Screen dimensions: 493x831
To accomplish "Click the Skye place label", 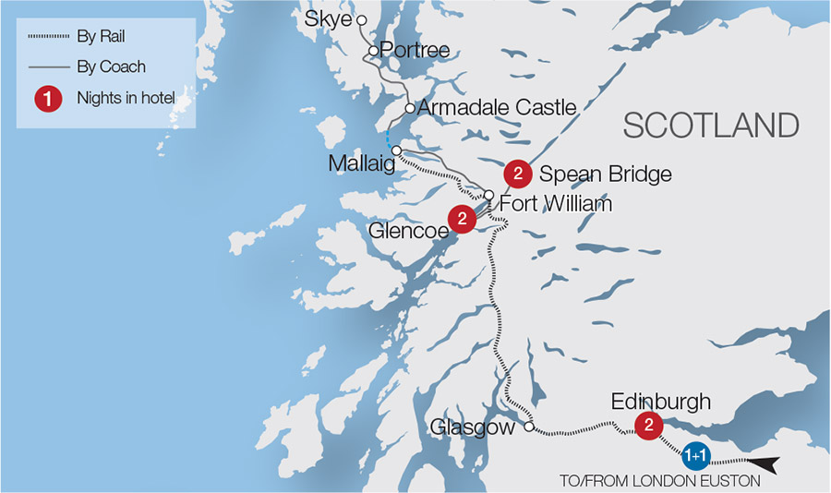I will (x=333, y=19).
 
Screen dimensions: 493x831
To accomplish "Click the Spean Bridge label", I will (x=605, y=174).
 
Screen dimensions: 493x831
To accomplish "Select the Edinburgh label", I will (x=661, y=402).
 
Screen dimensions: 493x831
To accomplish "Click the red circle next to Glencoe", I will (x=462, y=219).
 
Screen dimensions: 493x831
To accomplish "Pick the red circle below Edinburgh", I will (x=649, y=426).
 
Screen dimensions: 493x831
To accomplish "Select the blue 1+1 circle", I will (x=696, y=456).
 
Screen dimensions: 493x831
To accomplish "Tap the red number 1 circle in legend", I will (x=48, y=99).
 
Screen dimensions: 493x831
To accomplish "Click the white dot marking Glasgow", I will (x=529, y=427).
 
